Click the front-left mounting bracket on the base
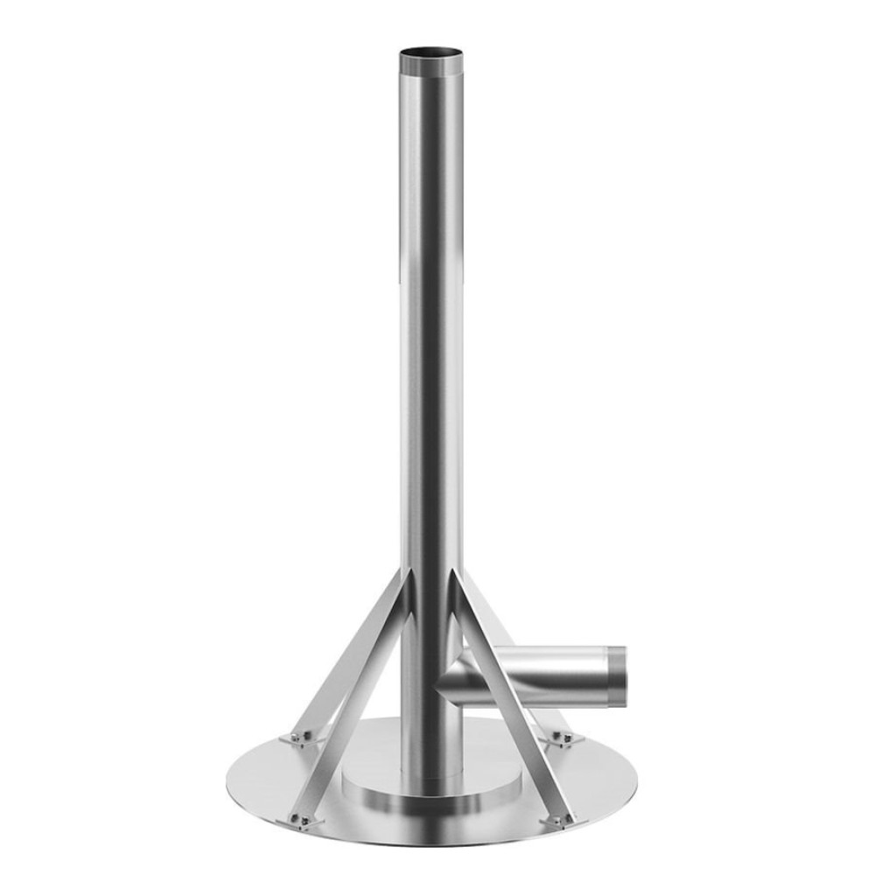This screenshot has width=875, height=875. tap(303, 820)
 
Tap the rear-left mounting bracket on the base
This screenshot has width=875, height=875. tap(299, 738)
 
